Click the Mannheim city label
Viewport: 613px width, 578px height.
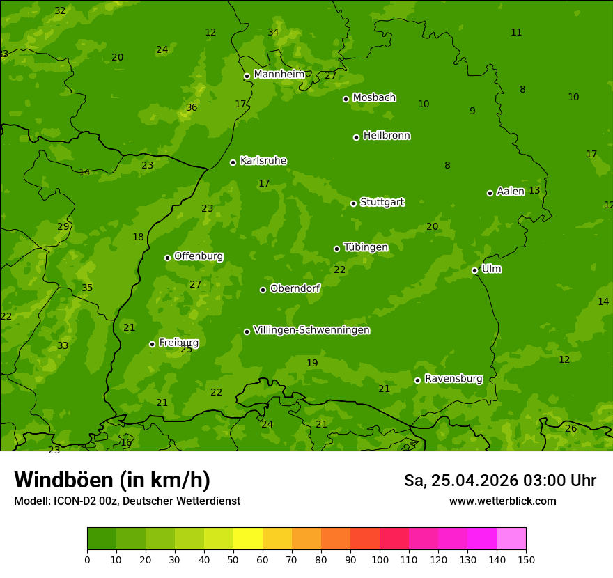(279, 75)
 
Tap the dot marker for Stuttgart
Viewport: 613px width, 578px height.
(353, 203)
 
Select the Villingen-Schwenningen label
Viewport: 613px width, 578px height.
(311, 330)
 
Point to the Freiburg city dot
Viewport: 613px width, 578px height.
(152, 344)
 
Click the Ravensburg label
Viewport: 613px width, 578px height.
(453, 379)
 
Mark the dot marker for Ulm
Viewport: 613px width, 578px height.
(474, 270)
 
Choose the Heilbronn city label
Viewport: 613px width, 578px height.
(386, 136)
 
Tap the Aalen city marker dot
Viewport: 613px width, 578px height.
(490, 193)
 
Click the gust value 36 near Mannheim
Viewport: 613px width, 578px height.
(192, 108)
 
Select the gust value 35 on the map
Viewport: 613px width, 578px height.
(87, 288)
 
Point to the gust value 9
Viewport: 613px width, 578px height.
(472, 111)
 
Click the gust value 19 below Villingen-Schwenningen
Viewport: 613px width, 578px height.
(312, 364)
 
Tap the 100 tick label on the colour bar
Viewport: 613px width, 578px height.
(380, 560)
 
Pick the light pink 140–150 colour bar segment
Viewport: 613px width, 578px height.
(511, 539)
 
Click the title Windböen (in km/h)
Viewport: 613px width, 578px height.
(112, 480)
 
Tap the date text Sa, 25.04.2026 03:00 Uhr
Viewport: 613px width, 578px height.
(499, 481)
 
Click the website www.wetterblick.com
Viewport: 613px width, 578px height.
(502, 501)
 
